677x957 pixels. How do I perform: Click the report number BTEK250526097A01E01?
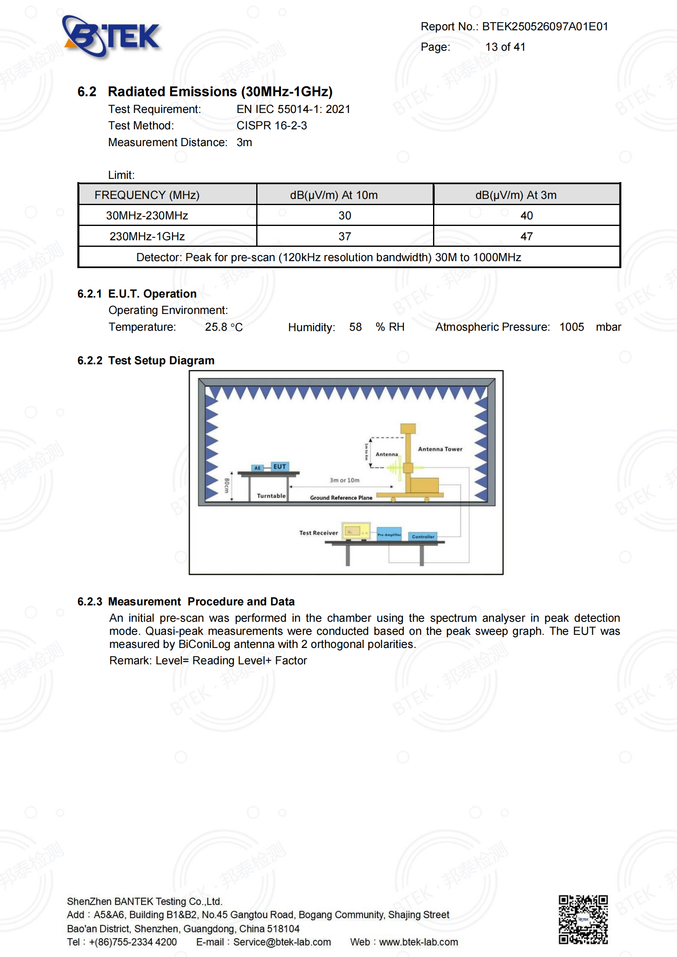(x=545, y=27)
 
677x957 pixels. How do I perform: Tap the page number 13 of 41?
(x=505, y=47)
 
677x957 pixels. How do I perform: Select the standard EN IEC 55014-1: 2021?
(x=293, y=109)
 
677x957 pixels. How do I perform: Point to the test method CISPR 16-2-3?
(x=271, y=126)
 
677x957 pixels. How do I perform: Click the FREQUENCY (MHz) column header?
(x=147, y=195)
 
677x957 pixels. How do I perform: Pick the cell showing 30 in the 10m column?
(x=345, y=215)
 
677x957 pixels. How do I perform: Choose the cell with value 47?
(x=526, y=237)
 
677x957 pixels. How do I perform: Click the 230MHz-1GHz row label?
(x=147, y=237)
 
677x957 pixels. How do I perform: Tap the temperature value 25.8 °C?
(x=223, y=327)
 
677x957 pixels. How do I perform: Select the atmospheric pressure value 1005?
(x=571, y=327)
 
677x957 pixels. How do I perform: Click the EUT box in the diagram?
(x=280, y=467)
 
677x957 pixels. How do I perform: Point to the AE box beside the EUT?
(x=257, y=468)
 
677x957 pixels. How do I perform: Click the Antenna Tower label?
(x=440, y=449)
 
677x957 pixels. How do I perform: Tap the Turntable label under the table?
(x=271, y=496)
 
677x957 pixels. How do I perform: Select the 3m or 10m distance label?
(x=344, y=481)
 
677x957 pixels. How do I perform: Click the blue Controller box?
(x=423, y=537)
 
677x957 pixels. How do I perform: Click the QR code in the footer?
(x=583, y=919)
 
